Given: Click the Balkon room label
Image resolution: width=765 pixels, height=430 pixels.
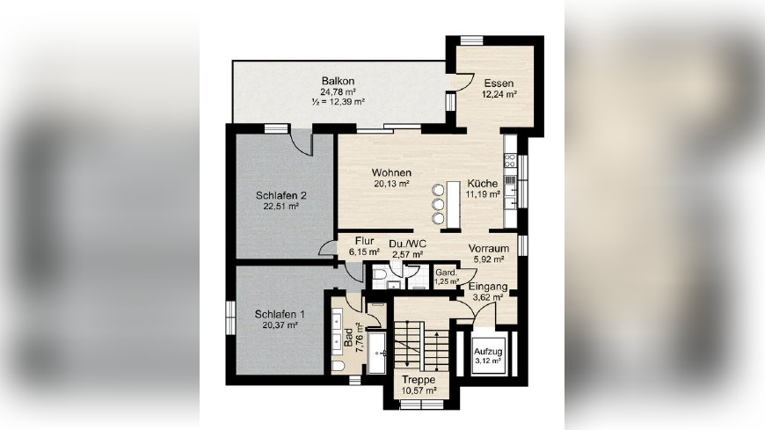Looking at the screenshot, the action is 338,81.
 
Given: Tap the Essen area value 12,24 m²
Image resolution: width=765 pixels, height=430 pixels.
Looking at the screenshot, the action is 499,94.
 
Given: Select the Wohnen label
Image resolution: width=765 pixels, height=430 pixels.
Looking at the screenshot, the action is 391,172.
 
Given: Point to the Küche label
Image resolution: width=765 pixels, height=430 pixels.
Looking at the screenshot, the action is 483,184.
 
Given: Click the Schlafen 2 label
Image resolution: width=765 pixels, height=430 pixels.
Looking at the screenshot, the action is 281,196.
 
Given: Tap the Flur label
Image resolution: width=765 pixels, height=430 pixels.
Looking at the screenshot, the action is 364,241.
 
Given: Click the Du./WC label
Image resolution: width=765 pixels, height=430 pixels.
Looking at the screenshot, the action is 407,244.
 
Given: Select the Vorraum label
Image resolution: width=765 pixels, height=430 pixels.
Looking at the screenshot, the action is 488,249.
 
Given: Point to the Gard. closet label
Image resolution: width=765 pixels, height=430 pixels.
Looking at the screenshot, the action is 446,273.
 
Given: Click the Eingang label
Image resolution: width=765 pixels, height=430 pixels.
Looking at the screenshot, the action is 488,287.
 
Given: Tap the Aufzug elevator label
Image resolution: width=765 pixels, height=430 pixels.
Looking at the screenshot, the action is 488,352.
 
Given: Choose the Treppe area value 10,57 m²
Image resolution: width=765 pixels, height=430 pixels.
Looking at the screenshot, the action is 419,391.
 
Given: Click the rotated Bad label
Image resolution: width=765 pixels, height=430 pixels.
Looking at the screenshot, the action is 348,338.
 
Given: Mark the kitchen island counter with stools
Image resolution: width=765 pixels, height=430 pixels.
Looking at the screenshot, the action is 453,204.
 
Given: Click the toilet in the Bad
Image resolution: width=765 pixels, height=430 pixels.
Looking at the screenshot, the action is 338,366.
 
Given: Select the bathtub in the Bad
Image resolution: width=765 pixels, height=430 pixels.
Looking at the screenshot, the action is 376,353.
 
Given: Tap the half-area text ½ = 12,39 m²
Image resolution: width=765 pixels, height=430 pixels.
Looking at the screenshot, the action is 339,102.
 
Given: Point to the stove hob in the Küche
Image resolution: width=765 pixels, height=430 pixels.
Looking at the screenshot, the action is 510,160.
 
